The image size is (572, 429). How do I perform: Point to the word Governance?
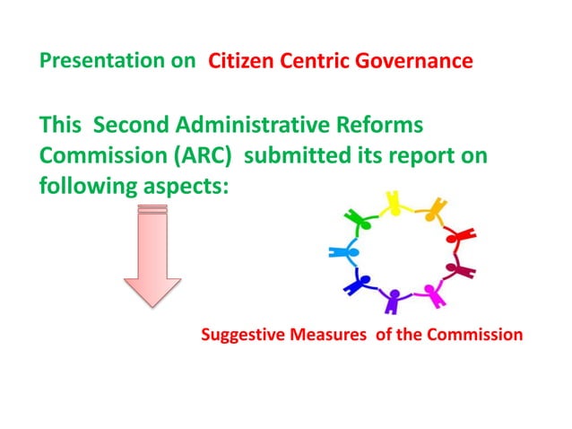pos(417,62)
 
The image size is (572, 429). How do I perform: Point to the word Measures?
pos(325,336)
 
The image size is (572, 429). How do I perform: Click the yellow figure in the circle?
pos(393,204)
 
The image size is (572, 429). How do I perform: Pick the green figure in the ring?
pos(356,220)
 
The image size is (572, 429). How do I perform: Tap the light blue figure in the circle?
pos(342,252)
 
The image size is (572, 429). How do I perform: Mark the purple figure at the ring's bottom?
pos(393,300)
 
